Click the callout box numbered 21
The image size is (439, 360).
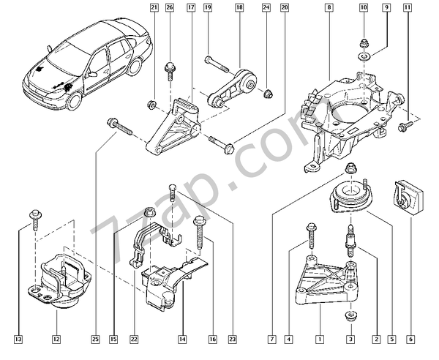154,8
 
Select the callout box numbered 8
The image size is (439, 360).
329,8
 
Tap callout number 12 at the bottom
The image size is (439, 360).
56,339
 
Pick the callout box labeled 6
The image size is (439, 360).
411,339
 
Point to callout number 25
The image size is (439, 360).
95,339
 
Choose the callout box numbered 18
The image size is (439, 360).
239,8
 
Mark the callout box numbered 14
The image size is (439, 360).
182,339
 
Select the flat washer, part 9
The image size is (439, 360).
364,54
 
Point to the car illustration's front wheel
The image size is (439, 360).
73,98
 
